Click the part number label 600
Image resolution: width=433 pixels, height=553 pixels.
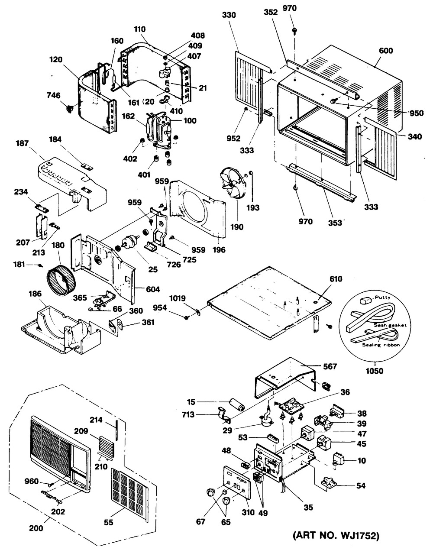click(x=386, y=51)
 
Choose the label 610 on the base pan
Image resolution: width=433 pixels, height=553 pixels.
click(x=335, y=280)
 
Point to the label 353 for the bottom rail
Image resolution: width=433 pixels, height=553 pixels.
click(x=333, y=222)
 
